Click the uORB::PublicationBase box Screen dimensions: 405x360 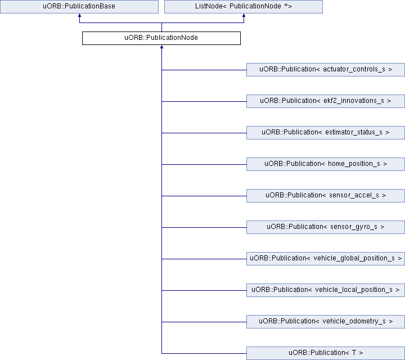pos(79,6)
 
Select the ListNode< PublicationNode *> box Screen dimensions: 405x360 pos(244,6)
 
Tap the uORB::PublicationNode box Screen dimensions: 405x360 pos(161,38)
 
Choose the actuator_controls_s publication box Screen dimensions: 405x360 pos(326,70)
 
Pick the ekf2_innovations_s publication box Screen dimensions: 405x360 pos(326,101)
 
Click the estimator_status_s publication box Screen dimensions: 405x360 pos(326,133)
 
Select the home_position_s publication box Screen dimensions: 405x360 pos(326,164)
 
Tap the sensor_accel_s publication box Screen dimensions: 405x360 pos(326,196)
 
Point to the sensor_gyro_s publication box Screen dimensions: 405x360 pos(326,227)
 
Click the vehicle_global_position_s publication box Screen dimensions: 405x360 pos(326,259)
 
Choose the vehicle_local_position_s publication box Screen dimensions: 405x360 pos(326,290)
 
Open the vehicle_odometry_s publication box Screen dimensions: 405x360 pos(326,322)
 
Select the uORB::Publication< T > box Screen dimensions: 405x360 pos(326,353)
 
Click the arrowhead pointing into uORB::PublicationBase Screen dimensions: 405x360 pos(79,15)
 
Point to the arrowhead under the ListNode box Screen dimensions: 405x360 pos(244,15)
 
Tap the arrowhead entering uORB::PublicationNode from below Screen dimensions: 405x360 pos(161,47)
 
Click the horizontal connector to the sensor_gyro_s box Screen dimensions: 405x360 pos(204,227)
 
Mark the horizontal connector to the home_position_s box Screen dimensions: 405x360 pos(204,164)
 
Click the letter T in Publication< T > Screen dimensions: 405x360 pos(354,353)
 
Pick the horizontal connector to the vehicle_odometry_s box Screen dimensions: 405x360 pos(204,322)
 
